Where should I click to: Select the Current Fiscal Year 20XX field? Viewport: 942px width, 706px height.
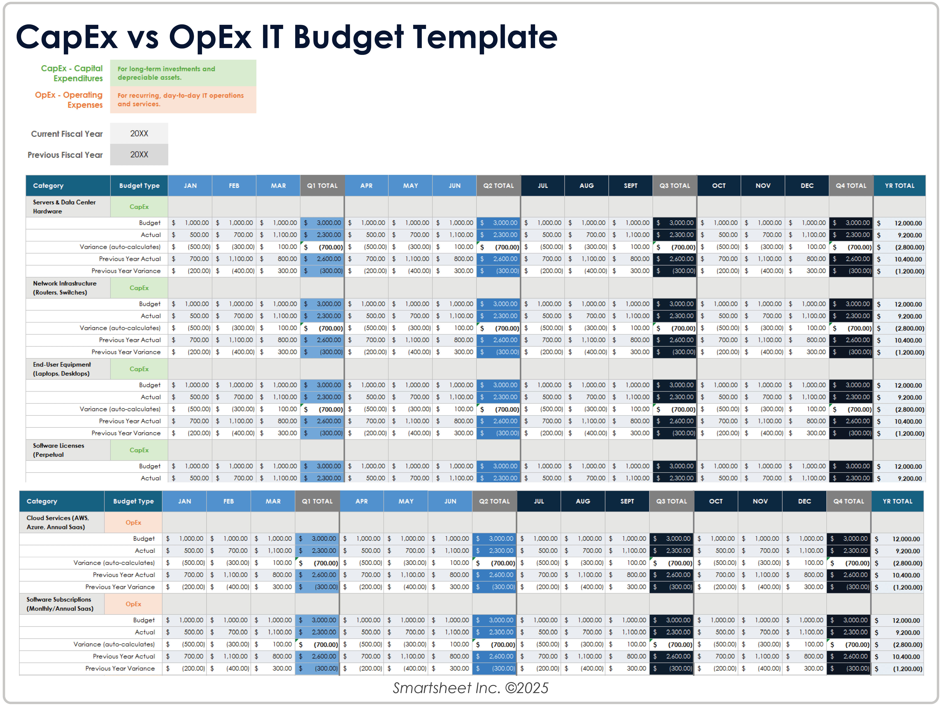pos(139,133)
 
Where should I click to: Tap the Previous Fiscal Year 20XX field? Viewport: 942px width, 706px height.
pos(139,154)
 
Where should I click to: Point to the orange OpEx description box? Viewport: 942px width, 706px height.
pos(183,100)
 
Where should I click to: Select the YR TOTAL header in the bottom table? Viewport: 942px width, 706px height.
pos(897,501)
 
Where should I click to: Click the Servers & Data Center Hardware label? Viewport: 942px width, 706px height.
pos(64,207)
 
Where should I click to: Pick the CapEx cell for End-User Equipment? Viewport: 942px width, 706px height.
pos(139,369)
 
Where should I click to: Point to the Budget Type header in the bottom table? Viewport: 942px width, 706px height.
pos(133,501)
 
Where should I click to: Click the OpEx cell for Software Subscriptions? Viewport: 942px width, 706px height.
pos(133,604)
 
